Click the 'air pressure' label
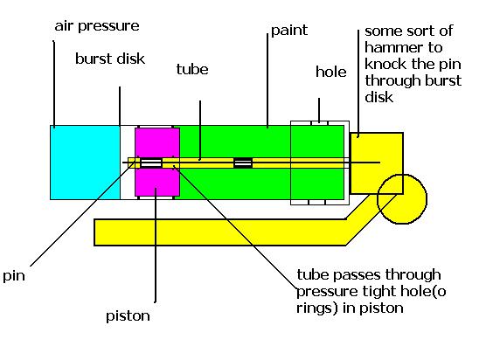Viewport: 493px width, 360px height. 97,26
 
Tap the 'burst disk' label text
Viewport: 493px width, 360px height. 110,59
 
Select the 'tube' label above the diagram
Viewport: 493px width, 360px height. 192,69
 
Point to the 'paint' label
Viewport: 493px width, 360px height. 289,31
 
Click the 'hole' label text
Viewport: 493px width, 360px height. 331,72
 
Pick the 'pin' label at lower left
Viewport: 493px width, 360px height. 13,276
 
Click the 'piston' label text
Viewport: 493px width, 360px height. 128,316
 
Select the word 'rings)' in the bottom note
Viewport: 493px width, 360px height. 316,308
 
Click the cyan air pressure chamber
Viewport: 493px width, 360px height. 85,163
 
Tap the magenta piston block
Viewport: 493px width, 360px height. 157,162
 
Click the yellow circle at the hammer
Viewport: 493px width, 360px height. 402,199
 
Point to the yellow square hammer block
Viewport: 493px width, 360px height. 377,163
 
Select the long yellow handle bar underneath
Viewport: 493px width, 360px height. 220,232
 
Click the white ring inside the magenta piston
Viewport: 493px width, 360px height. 151,163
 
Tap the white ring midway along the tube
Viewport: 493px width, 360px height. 243,163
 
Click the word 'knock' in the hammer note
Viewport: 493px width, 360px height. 385,64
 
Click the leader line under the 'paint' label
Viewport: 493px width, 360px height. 267,80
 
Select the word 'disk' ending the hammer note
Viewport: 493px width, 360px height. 378,97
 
